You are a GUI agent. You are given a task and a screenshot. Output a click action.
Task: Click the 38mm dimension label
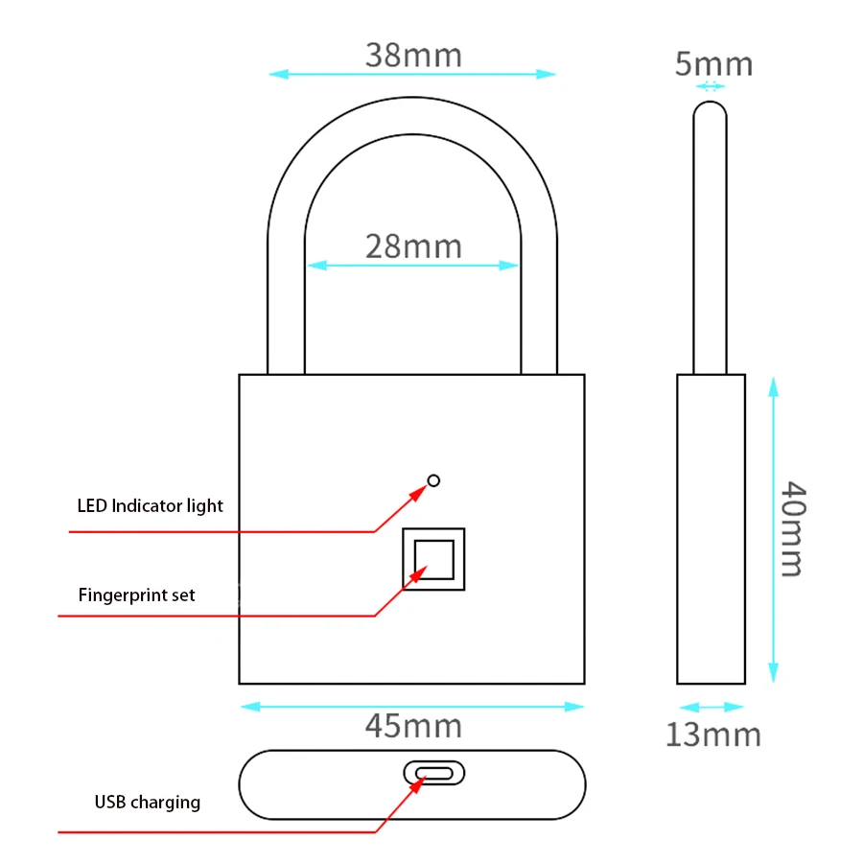point(413,56)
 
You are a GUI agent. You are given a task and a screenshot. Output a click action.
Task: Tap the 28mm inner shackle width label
point(413,246)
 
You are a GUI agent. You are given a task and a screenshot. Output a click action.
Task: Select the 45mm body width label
point(413,726)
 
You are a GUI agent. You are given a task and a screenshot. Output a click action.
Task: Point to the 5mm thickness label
point(713,64)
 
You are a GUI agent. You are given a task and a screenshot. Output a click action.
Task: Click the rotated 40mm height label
point(792,528)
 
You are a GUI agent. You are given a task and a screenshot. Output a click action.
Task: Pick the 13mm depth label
point(712,735)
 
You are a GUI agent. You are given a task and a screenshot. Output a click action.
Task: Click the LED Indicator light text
point(150,505)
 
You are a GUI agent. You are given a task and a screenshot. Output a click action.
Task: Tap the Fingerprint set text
point(136,595)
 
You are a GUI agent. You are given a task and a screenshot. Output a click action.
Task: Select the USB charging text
point(147,802)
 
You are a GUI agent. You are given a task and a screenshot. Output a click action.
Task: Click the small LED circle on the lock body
point(433,480)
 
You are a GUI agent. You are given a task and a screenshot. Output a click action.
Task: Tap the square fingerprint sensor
point(433,558)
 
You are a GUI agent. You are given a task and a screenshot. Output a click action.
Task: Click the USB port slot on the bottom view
point(433,772)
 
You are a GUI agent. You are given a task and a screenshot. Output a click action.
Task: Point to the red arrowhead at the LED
point(420,491)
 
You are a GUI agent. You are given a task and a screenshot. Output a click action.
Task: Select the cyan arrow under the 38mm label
point(412,74)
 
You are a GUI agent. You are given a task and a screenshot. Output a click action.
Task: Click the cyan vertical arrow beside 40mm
point(773,528)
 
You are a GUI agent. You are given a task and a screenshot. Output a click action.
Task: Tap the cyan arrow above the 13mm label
point(711,707)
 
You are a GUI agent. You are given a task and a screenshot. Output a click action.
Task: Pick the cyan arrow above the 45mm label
point(412,707)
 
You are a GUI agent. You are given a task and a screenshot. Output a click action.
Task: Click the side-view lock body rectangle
point(711,528)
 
